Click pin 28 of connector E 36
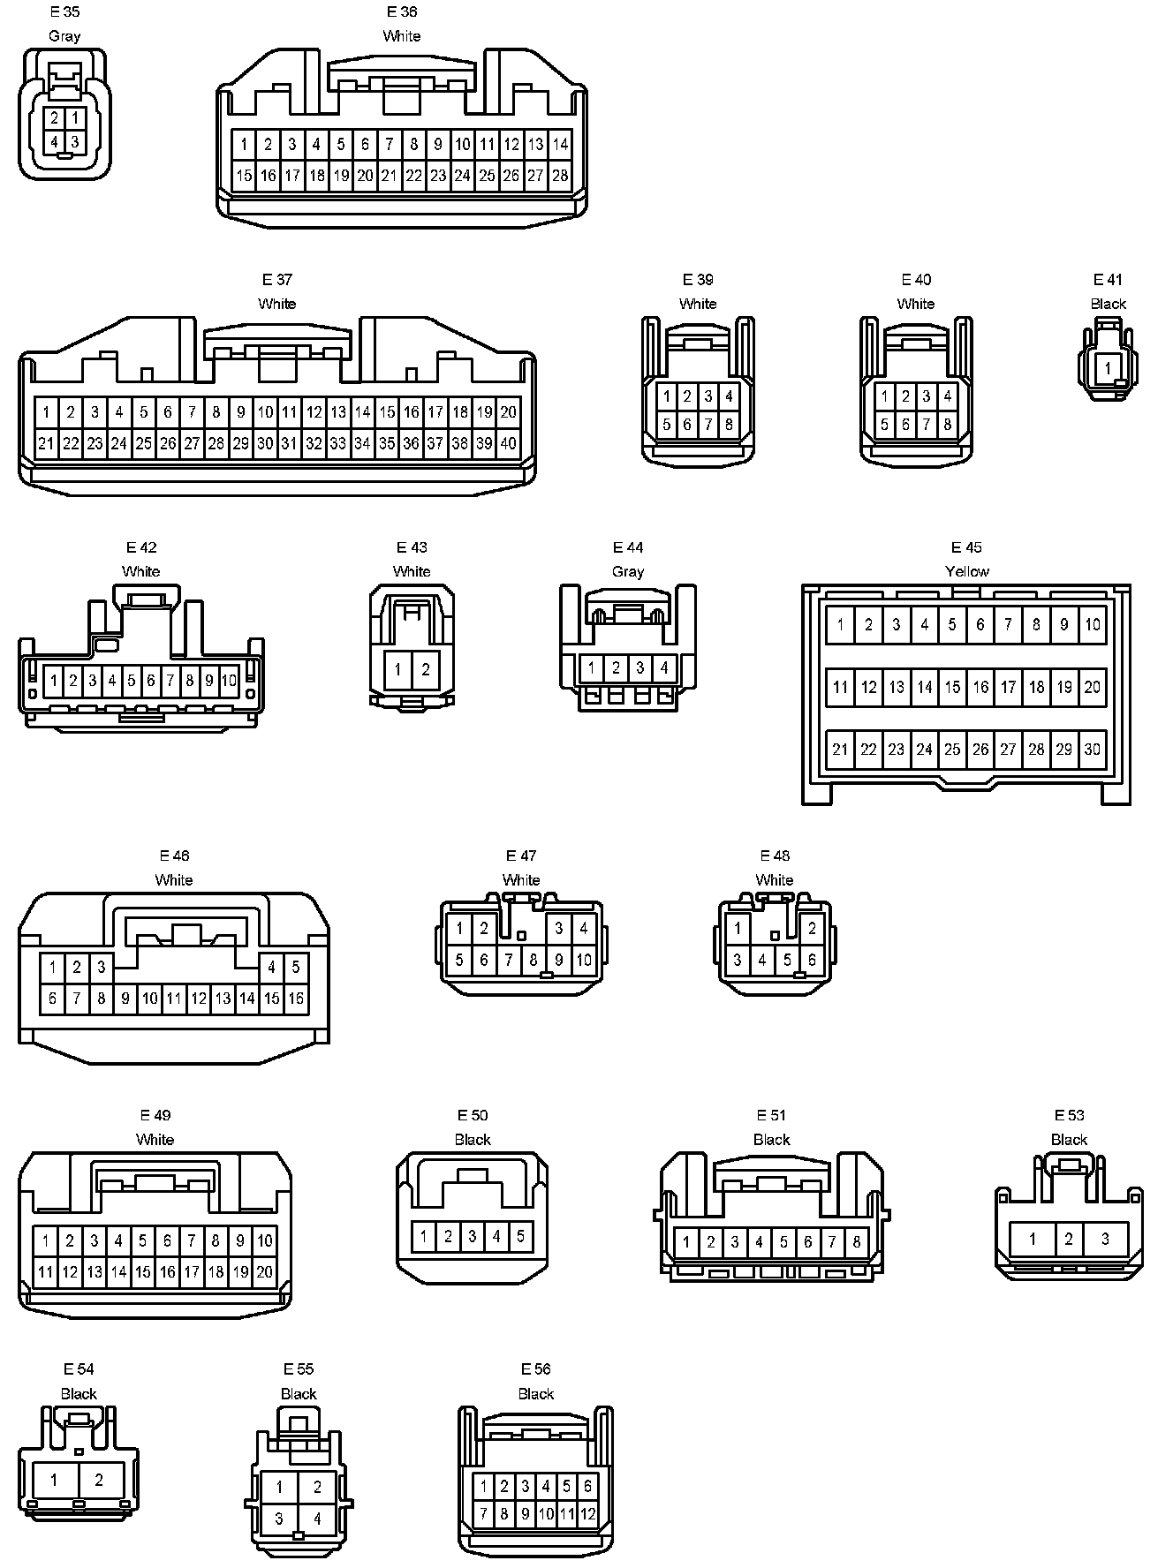tap(560, 176)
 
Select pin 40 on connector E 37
tap(508, 443)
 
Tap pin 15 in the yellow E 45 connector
tap(952, 687)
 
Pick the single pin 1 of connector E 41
tap(1108, 368)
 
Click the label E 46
tap(174, 856)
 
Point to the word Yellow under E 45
tap(966, 571)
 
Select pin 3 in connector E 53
tap(1105, 1239)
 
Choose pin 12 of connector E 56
tap(587, 1514)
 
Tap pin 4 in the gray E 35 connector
tap(55, 141)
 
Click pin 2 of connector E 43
tap(426, 669)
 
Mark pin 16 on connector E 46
tap(296, 999)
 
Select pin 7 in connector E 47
tap(509, 960)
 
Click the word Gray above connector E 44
tap(628, 571)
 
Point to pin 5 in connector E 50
tap(520, 1236)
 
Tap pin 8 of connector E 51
tap(856, 1242)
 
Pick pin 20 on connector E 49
tap(264, 1272)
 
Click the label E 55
tap(299, 1369)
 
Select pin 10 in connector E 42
tap(229, 681)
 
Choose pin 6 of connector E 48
tap(812, 960)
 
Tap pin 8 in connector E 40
tap(947, 425)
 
